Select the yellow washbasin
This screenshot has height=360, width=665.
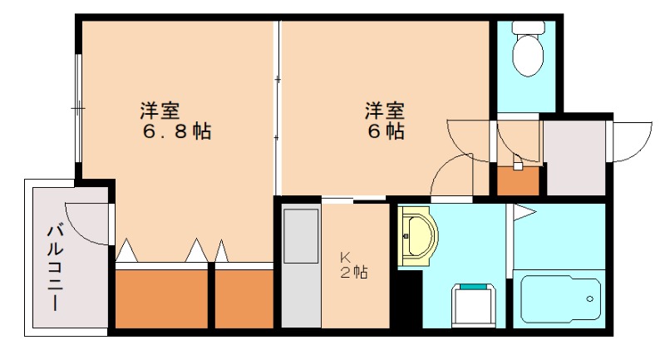point(418,237)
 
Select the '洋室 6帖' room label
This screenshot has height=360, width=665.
point(383,121)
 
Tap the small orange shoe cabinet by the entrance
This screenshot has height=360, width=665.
point(518,180)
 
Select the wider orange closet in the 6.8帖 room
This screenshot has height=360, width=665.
point(160,298)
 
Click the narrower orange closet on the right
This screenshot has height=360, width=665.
point(244,298)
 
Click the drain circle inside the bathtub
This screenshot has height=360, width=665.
point(590,298)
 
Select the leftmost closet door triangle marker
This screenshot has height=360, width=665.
point(126,249)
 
